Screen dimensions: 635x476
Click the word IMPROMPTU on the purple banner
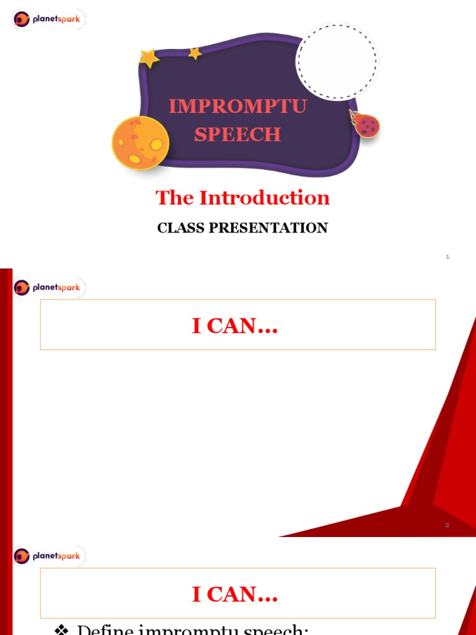(237, 106)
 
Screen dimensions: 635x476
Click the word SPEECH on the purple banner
(237, 134)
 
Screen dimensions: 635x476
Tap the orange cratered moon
(140, 142)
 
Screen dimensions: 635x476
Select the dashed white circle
(336, 62)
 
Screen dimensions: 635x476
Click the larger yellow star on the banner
(149, 58)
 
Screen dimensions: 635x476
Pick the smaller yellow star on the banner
(195, 53)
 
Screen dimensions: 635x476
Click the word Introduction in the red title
(264, 198)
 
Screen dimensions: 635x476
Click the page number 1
(447, 257)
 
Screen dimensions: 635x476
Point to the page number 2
(447, 525)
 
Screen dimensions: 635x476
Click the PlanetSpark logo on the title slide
(48, 19)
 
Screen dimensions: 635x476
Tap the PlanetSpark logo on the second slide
(48, 288)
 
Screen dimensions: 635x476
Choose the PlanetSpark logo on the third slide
(48, 556)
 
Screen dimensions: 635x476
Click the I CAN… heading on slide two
(235, 326)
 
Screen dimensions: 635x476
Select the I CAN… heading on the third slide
(235, 595)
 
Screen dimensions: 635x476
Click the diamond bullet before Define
(61, 629)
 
